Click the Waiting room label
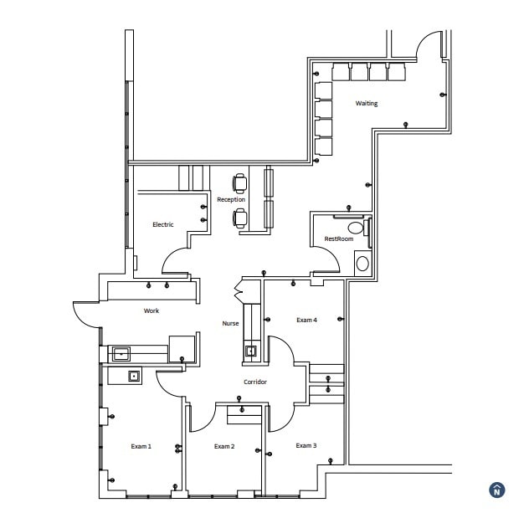366,104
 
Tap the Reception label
231,200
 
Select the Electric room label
162,224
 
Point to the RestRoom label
338,239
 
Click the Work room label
151,310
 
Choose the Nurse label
230,323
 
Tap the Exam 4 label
306,320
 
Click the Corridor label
255,382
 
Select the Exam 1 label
141,446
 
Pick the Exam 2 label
223,446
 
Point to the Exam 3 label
306,445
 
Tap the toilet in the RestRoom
357,228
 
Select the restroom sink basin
362,264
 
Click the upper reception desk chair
240,182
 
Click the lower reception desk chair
240,218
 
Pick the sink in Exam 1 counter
133,376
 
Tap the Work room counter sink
121,353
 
